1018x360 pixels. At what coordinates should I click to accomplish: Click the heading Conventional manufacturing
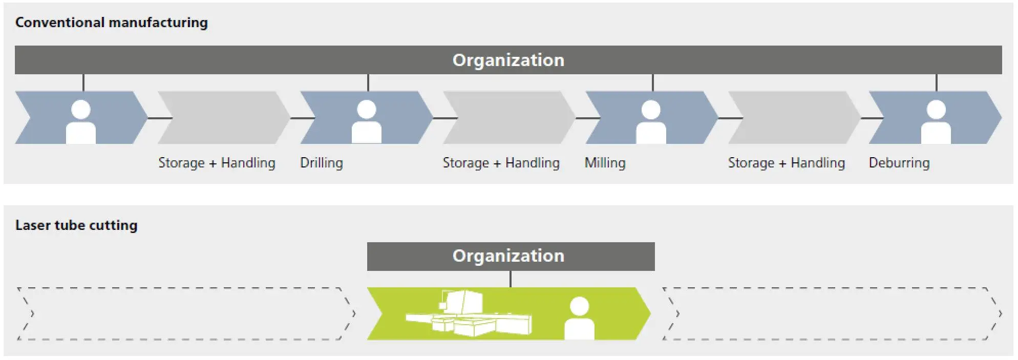pos(111,23)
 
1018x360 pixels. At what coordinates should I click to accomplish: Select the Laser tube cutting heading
pos(76,225)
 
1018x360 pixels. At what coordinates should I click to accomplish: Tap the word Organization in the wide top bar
pos(508,60)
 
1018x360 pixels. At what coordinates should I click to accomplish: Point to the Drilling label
pos(321,163)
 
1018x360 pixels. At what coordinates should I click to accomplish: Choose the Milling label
pos(605,163)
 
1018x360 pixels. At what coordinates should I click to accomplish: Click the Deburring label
pos(899,163)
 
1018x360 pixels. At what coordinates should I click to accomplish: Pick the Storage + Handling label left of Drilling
pos(217,163)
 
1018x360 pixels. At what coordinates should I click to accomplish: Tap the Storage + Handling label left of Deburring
pos(786,163)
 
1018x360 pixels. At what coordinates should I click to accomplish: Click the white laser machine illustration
pos(469,315)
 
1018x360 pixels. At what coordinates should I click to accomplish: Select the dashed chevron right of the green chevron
pos(831,313)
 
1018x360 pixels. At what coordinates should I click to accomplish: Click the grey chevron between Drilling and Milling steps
pos(508,118)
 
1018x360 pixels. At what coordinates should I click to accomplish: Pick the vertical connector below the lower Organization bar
pos(510,279)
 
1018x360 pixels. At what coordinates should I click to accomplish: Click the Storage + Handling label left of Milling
pos(501,163)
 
